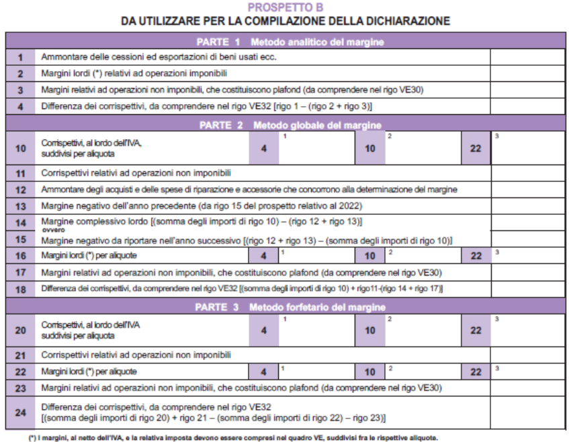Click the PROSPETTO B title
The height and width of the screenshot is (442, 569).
click(x=285, y=7)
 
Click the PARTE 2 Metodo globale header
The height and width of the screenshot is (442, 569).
click(x=290, y=125)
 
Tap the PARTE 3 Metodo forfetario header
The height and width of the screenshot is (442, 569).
click(x=290, y=308)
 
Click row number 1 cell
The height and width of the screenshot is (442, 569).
click(x=20, y=57)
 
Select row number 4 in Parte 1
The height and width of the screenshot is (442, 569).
click(x=20, y=107)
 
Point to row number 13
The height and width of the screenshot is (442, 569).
click(x=20, y=206)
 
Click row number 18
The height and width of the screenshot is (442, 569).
click(x=20, y=288)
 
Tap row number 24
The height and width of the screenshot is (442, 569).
click(x=20, y=412)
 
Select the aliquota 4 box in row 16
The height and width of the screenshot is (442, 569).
click(x=263, y=256)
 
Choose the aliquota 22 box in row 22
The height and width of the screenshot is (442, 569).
click(x=476, y=371)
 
